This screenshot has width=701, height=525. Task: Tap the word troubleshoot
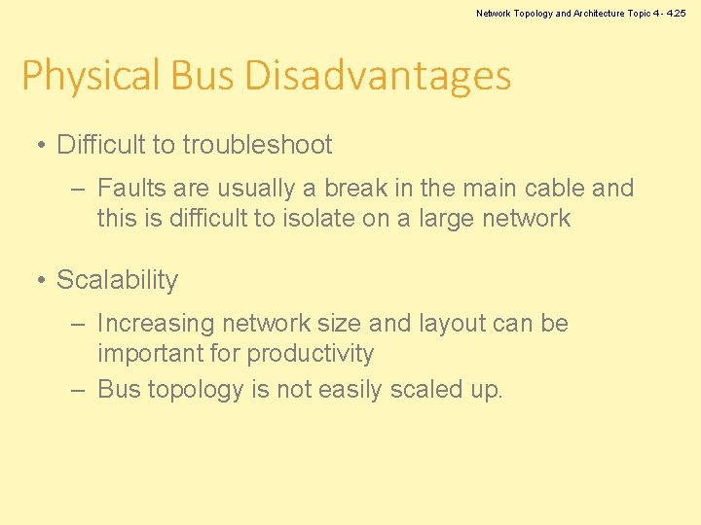pyautogui.click(x=257, y=145)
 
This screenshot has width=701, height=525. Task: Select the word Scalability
pyautogui.click(x=117, y=280)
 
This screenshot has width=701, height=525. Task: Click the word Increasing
pyautogui.click(x=156, y=323)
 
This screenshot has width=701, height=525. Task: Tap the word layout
pyautogui.click(x=426, y=323)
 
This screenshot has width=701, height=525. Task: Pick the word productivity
pyautogui.click(x=310, y=353)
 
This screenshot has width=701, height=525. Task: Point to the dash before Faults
pyautogui.click(x=80, y=189)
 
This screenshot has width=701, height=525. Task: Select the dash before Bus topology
pyautogui.click(x=80, y=391)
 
